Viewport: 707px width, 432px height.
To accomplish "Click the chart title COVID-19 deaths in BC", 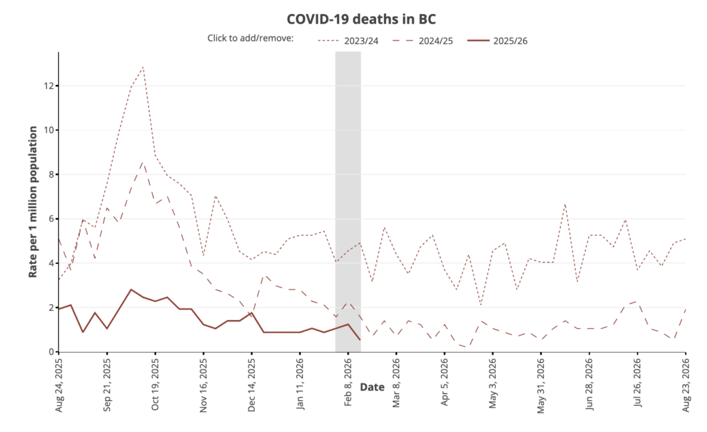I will (353, 18).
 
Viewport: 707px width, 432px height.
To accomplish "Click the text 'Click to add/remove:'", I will (251, 38).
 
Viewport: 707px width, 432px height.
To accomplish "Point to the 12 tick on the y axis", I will (48, 86).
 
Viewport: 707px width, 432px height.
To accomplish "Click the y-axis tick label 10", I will (48, 130).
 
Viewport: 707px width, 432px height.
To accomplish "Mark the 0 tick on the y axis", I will (50, 352).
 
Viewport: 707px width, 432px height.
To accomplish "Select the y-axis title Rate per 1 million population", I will (32, 201).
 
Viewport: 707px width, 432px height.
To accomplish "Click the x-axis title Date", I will (372, 387).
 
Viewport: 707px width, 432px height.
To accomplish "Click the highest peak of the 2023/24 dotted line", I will (143, 67).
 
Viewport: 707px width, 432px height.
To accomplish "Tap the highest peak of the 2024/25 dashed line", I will (143, 162).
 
